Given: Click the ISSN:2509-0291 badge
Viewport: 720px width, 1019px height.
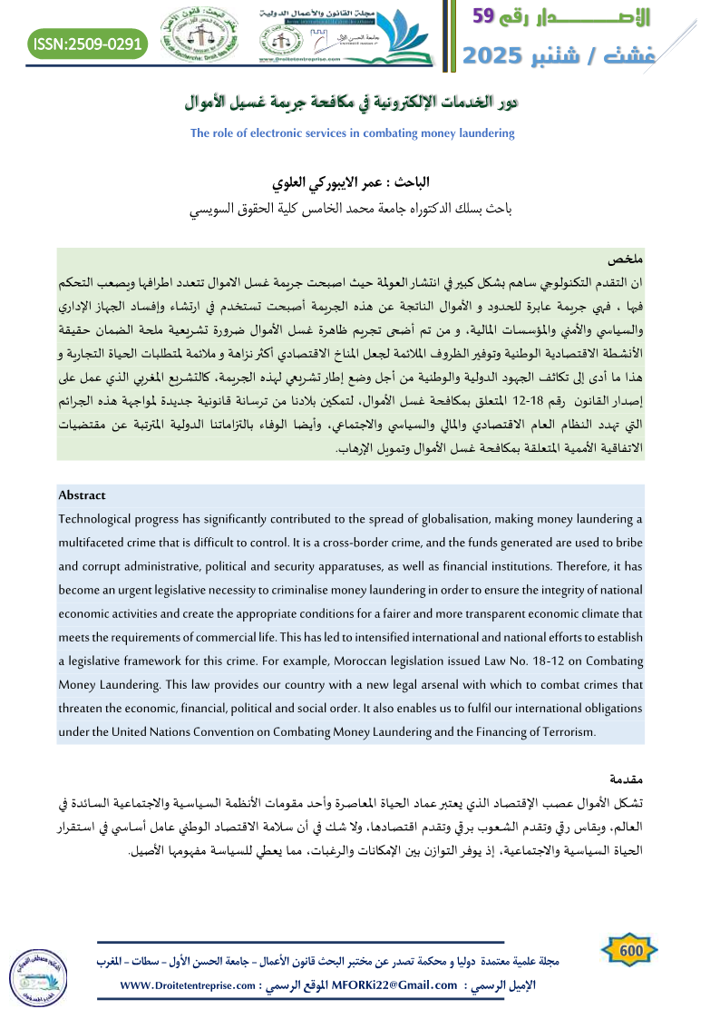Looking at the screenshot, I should (x=86, y=44).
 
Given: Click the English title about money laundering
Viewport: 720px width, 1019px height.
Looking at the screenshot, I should (x=353, y=132).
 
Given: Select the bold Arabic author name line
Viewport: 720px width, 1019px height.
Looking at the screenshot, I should (x=363, y=181).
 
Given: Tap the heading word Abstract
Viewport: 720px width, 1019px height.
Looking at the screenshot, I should (x=82, y=495).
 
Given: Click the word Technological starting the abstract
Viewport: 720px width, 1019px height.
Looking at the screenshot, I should (x=98, y=518).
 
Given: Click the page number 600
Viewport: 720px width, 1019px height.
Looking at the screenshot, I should (x=630, y=949).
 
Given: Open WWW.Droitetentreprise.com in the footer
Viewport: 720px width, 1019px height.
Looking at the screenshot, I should (x=182, y=985).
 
